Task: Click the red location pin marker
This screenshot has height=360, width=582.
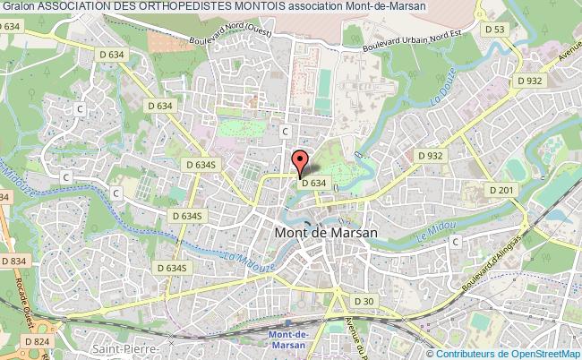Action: pyautogui.click(x=300, y=163)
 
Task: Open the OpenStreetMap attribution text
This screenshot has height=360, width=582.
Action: pyautogui.click(x=509, y=353)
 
